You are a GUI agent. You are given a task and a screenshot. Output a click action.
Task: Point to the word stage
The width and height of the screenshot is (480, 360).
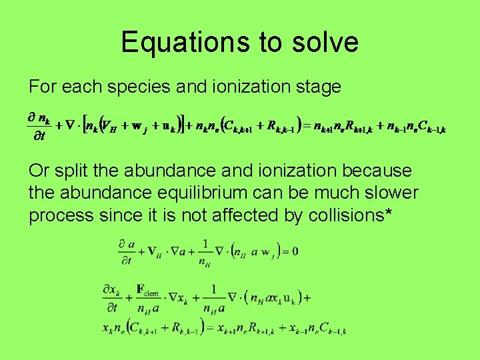[316, 87]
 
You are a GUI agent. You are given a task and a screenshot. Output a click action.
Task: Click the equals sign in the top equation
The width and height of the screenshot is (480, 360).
[308, 125]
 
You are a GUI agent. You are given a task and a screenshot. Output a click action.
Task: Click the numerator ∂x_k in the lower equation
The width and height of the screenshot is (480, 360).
[111, 291]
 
